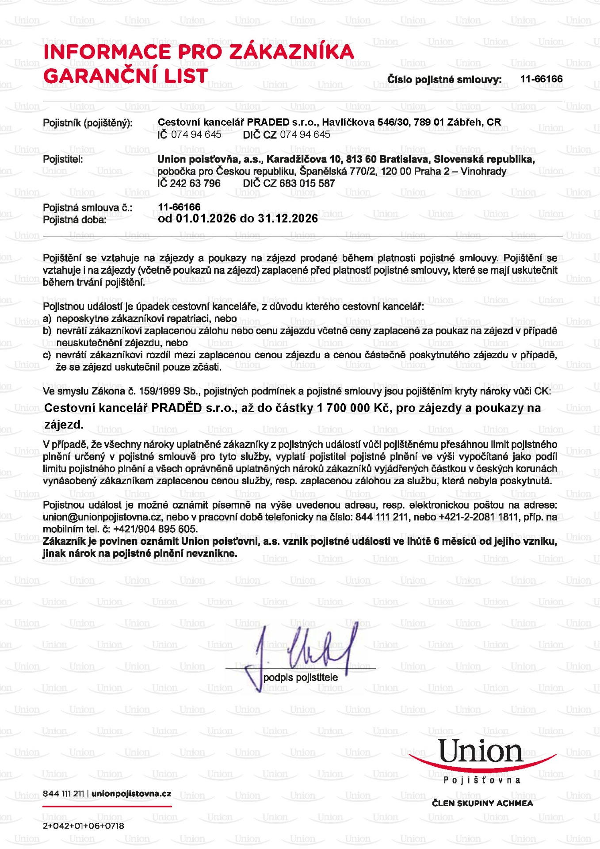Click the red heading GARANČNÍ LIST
(126, 76)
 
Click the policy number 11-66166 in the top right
(541, 79)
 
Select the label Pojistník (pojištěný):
(88, 123)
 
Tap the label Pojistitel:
(63, 159)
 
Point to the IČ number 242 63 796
(195, 183)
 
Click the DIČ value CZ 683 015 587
(300, 183)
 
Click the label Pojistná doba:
(74, 220)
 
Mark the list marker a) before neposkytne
(47, 319)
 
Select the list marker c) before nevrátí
(47, 355)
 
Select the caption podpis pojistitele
(301, 677)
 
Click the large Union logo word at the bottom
(481, 752)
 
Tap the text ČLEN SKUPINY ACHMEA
(482, 803)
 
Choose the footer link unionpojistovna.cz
(131, 794)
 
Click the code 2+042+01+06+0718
(84, 826)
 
